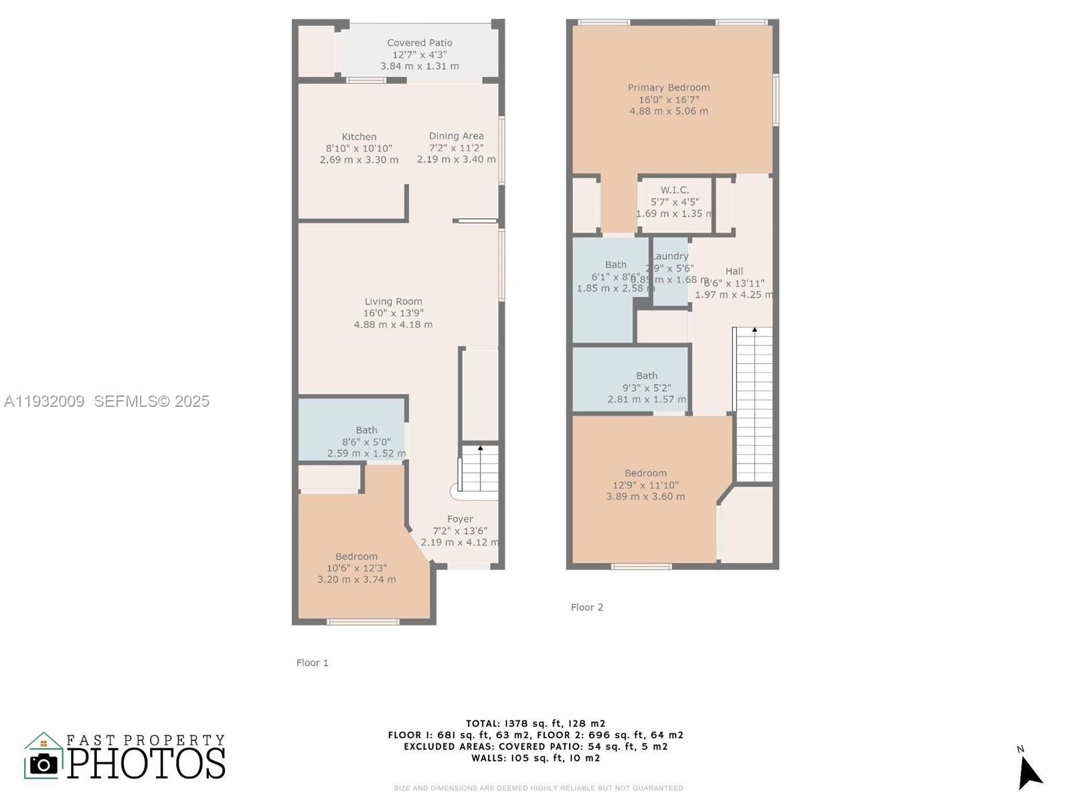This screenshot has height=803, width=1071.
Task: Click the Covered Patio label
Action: (x=420, y=43)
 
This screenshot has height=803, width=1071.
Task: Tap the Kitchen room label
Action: (x=359, y=137)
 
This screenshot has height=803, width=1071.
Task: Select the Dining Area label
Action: (x=456, y=136)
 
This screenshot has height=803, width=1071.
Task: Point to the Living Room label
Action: (x=393, y=301)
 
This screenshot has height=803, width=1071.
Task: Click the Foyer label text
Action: (x=460, y=519)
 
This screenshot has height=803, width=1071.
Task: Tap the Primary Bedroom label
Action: (x=668, y=87)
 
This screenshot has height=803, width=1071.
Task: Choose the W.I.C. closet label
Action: (x=674, y=190)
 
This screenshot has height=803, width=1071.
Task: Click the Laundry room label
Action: (x=670, y=256)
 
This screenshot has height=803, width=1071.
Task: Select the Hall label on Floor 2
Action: (x=734, y=271)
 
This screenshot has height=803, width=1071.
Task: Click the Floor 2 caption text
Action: (x=586, y=607)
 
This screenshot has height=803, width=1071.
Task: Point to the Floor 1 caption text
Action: (x=312, y=662)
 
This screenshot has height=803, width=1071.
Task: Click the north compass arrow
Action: (x=1029, y=772)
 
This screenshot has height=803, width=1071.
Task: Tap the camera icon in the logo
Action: (x=44, y=764)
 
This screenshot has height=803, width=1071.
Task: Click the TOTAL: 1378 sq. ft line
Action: (x=535, y=723)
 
